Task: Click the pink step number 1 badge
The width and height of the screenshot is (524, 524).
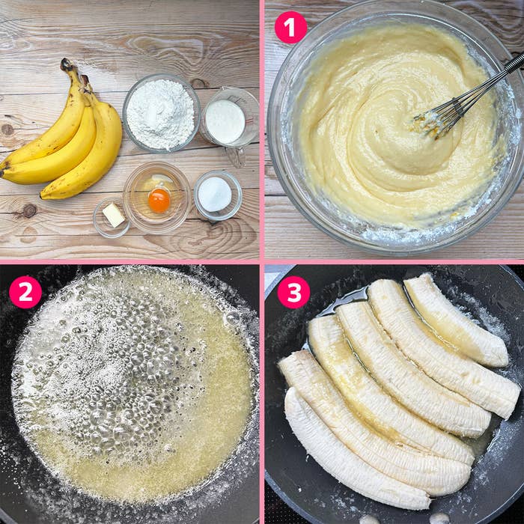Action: click(x=290, y=28)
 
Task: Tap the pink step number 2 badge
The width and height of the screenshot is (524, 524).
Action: click(x=25, y=292)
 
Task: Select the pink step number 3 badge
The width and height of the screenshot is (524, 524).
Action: click(x=293, y=292)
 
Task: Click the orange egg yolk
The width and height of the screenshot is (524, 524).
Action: click(x=159, y=201)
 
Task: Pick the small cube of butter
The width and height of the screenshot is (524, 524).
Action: click(x=113, y=215)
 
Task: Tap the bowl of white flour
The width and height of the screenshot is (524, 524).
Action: click(x=161, y=114)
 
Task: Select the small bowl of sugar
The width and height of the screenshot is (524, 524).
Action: click(x=218, y=195)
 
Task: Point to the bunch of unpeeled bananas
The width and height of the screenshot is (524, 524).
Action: click(x=64, y=134)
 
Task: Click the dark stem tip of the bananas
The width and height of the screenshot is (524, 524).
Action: click(x=66, y=64)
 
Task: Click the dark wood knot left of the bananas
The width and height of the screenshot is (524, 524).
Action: click(x=7, y=130)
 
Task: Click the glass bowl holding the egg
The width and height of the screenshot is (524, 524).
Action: click(x=157, y=198)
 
